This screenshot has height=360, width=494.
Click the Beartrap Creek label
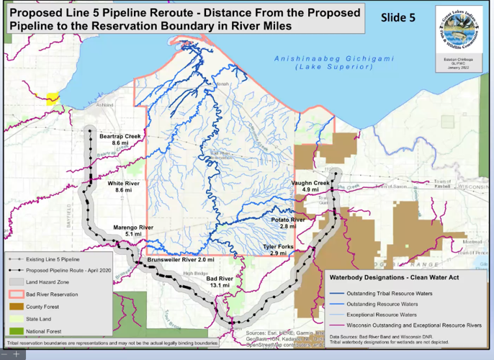[120, 136]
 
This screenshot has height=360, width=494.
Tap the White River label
[123, 184]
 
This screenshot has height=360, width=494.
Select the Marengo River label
[133, 227]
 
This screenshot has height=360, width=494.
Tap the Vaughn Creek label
[310, 183]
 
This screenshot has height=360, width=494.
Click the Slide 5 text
[398, 18]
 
